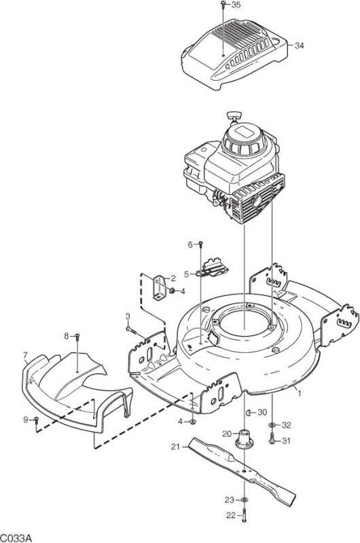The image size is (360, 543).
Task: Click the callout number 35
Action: pos(236,5)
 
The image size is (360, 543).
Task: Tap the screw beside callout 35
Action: pos(223,5)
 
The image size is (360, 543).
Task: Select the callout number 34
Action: pos(299,45)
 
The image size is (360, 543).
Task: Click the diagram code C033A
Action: pos(16,538)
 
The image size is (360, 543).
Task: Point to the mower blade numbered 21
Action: pos(242,468)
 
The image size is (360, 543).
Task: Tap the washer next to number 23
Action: pos(245,500)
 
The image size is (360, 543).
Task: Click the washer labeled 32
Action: pos(272,425)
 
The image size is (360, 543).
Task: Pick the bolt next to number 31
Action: pos(272,438)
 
